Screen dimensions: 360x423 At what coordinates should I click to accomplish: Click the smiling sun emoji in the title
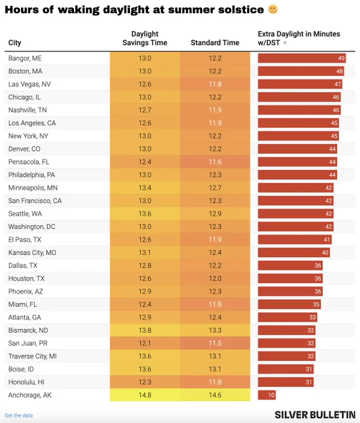click(x=273, y=10)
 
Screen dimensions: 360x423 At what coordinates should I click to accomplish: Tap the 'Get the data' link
click(x=19, y=416)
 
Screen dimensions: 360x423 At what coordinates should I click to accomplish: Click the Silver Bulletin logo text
click(x=315, y=415)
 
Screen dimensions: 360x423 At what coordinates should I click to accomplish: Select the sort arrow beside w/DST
click(x=285, y=43)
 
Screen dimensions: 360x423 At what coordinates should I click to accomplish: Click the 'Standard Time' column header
click(x=215, y=43)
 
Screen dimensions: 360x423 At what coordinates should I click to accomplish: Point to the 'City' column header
click(x=14, y=43)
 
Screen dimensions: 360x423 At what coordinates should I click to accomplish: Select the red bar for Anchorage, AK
click(x=267, y=395)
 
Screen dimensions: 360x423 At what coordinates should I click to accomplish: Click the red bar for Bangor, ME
click(x=302, y=58)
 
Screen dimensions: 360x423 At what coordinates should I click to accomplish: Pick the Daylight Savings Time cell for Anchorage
click(x=145, y=395)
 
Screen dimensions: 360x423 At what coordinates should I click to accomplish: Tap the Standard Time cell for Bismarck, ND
click(x=215, y=330)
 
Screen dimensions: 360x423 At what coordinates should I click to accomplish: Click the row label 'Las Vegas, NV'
click(x=29, y=84)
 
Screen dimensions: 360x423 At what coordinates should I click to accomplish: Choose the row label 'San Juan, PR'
click(x=28, y=343)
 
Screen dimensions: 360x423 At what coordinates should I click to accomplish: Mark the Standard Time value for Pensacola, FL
click(x=215, y=162)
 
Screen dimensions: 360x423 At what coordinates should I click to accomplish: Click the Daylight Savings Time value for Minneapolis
click(x=145, y=188)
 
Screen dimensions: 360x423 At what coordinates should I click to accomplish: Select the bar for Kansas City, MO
click(x=293, y=253)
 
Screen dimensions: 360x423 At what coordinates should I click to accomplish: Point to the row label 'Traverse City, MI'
click(x=32, y=356)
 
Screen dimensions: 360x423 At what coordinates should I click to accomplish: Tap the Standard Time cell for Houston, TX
click(x=215, y=279)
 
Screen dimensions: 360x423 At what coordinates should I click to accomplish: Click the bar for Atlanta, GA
click(x=287, y=317)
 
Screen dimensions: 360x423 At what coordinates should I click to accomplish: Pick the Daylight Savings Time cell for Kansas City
click(x=145, y=253)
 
